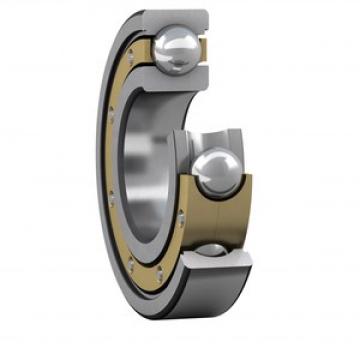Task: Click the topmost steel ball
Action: click(x=174, y=49)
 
